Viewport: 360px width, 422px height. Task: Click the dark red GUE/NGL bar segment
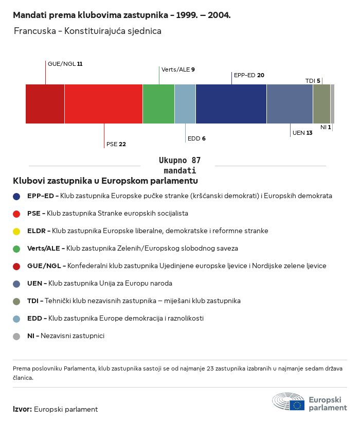(x=45, y=104)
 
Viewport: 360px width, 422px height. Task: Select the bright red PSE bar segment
(x=103, y=104)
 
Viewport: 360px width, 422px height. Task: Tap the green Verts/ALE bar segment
(x=158, y=104)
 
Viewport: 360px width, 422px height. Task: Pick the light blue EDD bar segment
(x=185, y=104)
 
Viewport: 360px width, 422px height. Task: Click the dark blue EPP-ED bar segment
(x=231, y=104)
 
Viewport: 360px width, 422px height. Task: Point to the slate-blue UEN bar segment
(x=290, y=104)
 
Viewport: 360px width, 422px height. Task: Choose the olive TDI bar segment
(x=321, y=104)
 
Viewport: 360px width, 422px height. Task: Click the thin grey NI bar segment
(x=333, y=104)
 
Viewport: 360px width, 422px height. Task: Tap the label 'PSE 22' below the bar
(x=116, y=144)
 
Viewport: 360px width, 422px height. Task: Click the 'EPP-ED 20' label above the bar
(x=249, y=75)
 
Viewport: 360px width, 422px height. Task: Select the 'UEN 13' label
(x=302, y=133)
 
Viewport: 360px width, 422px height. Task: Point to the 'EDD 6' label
(x=196, y=138)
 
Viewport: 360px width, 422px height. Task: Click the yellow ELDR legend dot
(x=16, y=232)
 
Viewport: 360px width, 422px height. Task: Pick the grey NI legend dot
(x=16, y=337)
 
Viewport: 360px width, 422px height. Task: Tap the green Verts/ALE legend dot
(x=16, y=249)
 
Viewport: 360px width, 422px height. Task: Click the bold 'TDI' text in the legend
(x=33, y=301)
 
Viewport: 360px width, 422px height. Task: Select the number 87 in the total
(x=196, y=161)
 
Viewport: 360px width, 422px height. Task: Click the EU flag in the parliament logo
(x=297, y=406)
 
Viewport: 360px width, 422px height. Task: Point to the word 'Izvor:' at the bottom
(x=22, y=409)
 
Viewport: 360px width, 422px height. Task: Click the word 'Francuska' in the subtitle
(x=35, y=31)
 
